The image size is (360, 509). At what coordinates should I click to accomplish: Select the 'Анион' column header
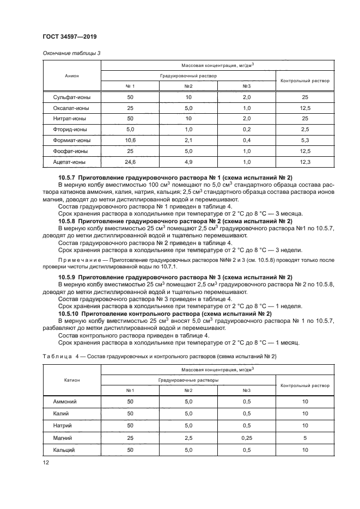(x=72, y=75)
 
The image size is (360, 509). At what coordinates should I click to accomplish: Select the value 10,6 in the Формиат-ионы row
(x=130, y=140)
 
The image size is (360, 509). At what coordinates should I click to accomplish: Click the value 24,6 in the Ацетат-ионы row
(x=130, y=162)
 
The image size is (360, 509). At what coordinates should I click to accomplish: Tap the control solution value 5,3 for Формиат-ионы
(x=304, y=140)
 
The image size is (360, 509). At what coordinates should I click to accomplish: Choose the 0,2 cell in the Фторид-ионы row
(x=246, y=130)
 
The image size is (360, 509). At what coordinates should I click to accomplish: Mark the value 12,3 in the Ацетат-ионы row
(x=304, y=162)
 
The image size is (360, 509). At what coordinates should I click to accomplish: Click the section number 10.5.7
(x=66, y=177)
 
